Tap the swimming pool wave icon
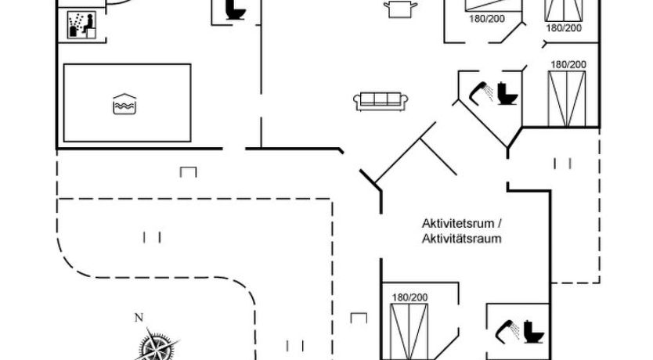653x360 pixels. point(124,103)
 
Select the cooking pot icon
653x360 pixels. point(400,8)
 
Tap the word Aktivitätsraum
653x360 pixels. point(460,239)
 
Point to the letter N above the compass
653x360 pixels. point(139,317)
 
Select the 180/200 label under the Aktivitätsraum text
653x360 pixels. point(409,297)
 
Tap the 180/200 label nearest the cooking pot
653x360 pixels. point(486,19)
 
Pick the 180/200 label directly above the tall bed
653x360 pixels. point(568,64)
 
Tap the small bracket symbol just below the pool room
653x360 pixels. point(187,171)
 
